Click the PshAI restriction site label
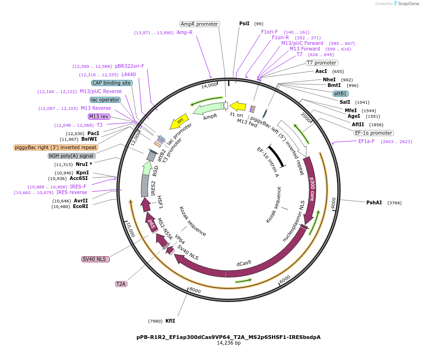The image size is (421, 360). point(374,202)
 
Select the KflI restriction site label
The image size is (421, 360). point(170,321)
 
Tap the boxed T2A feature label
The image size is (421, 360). point(121,284)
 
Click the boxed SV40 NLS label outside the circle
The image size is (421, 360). point(95,259)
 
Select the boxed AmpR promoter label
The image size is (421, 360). point(200,24)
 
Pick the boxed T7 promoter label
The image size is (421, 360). point(321,63)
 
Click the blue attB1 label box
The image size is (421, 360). point(341,94)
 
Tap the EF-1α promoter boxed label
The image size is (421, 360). point(374,133)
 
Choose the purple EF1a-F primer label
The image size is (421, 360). point(366,141)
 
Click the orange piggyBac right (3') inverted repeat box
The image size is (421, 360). point(56,147)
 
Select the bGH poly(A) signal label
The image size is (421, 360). point(72,156)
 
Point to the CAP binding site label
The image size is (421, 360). point(112,83)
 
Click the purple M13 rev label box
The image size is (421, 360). point(99,116)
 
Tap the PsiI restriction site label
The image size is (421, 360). point(244,23)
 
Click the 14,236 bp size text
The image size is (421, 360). point(228,343)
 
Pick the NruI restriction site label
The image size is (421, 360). point(84,164)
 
